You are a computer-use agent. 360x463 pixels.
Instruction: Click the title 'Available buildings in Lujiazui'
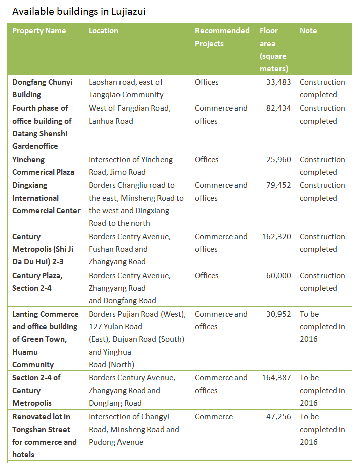click(79, 11)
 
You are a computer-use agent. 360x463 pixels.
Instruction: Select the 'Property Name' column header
click(39, 31)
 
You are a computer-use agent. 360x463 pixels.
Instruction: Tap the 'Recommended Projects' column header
click(222, 37)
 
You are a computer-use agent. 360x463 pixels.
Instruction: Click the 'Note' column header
click(308, 31)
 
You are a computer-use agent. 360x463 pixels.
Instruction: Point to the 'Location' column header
click(103, 31)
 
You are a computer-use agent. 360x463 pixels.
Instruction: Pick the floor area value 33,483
click(278, 82)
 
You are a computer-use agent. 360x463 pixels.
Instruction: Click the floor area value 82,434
click(278, 108)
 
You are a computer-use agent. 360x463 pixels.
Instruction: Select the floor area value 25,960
click(278, 160)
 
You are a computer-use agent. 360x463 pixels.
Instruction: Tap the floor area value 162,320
click(276, 237)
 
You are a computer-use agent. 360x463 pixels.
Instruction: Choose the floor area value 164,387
click(276, 378)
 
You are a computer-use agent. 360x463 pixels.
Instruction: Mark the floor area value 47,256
click(278, 417)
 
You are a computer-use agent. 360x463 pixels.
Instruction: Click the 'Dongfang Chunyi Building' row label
click(42, 88)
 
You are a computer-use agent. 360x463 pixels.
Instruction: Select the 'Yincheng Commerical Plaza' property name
click(43, 166)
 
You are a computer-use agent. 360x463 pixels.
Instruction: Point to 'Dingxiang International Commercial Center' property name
click(46, 198)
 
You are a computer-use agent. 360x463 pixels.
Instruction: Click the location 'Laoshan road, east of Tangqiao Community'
click(126, 88)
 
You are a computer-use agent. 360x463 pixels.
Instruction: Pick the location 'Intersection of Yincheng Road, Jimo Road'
click(130, 166)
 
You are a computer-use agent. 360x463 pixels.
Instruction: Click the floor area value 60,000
click(278, 276)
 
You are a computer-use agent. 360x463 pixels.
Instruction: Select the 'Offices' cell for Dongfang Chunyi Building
click(207, 82)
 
